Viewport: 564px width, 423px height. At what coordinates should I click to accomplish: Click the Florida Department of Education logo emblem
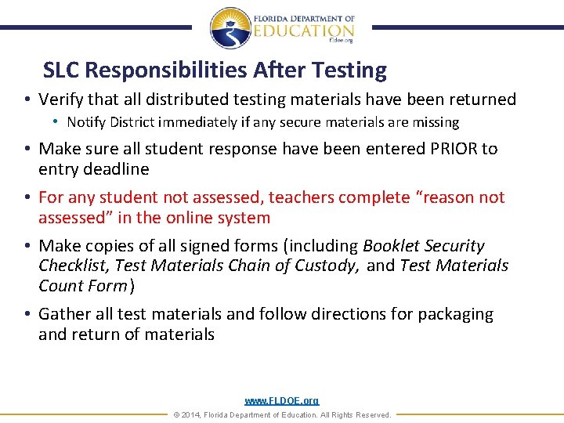[x=230, y=28]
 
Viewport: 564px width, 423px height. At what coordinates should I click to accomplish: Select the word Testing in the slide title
[x=349, y=71]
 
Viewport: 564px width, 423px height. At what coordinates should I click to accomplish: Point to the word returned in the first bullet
[x=481, y=99]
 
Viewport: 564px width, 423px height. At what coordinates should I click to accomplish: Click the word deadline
[x=117, y=169]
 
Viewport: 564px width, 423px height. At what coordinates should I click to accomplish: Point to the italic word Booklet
[x=392, y=246]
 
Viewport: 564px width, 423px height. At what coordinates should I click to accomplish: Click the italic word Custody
[x=321, y=266]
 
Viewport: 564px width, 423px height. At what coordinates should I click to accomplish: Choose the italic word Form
[x=109, y=286]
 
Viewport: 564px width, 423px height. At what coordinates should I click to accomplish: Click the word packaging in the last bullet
[x=455, y=314]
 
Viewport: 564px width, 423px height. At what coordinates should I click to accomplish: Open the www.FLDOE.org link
[x=281, y=401]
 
